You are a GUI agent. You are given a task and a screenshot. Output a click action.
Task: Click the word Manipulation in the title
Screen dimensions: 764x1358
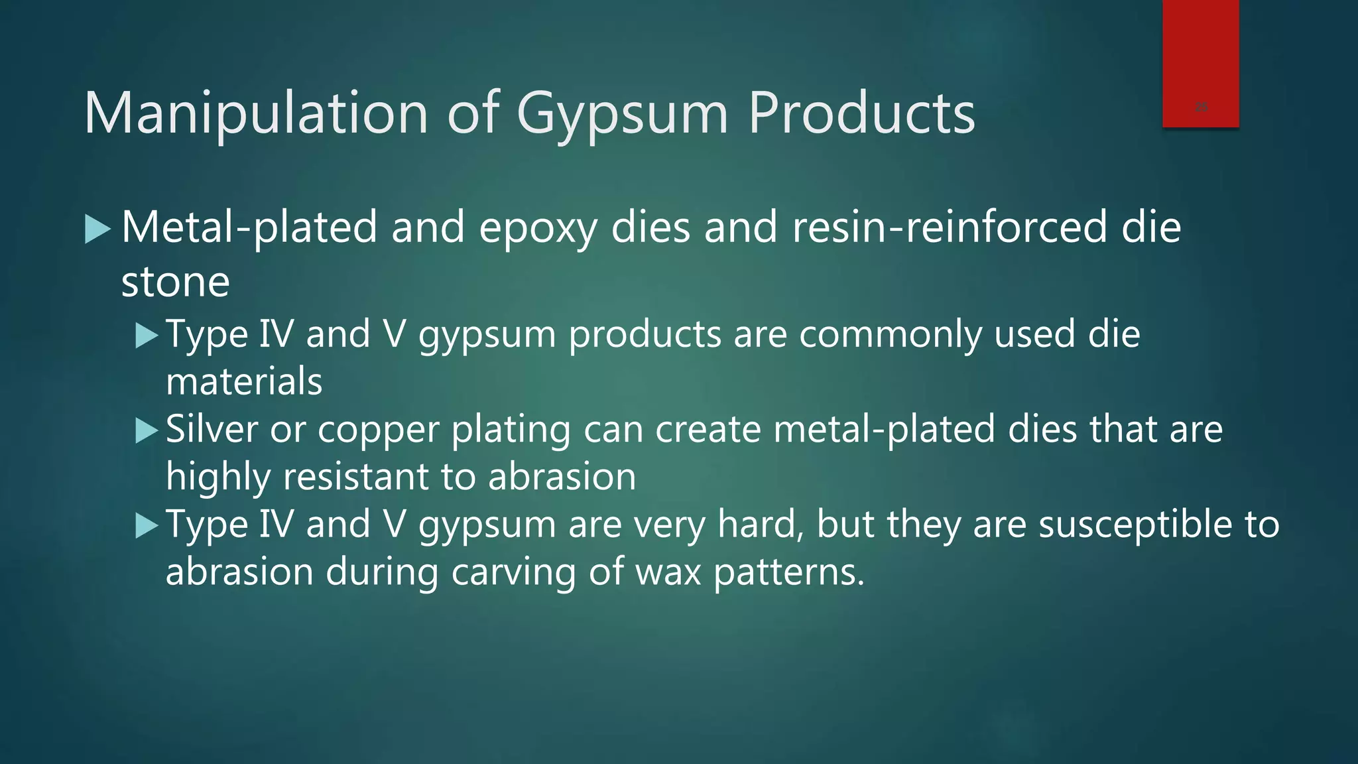(257, 113)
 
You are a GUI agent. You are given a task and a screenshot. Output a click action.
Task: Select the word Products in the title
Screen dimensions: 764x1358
(861, 113)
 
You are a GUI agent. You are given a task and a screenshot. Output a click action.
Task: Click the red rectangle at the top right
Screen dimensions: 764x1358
(1200, 64)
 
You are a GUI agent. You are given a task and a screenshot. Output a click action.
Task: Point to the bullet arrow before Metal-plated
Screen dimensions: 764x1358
(97, 229)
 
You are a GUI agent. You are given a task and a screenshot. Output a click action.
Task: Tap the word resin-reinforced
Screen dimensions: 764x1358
(950, 227)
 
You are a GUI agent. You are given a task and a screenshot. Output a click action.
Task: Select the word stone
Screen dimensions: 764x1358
(175, 282)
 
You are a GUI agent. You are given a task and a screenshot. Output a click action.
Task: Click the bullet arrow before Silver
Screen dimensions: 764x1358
(146, 431)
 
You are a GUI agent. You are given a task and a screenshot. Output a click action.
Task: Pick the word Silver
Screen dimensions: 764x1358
(212, 429)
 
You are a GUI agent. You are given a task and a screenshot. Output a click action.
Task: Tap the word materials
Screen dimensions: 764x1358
(244, 381)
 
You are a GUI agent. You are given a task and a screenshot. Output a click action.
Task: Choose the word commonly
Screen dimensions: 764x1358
(889, 335)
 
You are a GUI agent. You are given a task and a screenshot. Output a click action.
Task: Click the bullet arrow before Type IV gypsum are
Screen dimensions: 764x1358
(146, 527)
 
